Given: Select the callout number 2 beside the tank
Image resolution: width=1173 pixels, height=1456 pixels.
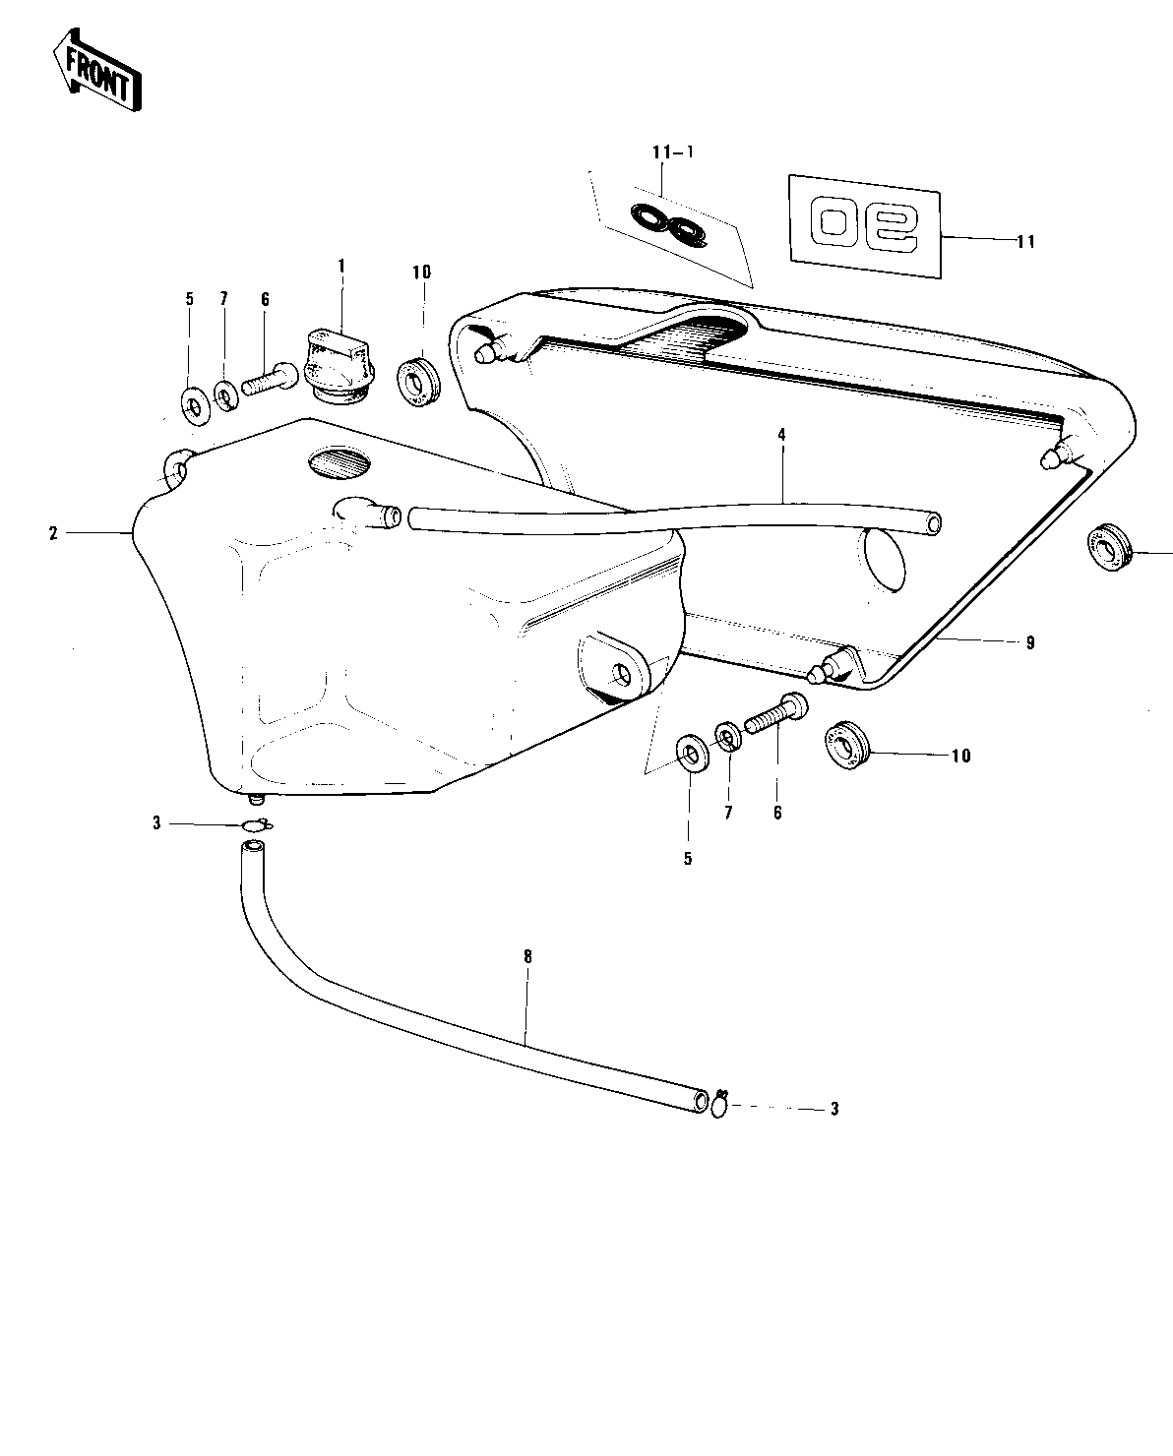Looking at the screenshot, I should coord(54,533).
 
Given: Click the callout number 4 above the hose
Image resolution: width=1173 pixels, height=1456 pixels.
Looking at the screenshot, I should coord(781,433).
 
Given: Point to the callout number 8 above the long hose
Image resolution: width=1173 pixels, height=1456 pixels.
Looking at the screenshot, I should coord(527,954).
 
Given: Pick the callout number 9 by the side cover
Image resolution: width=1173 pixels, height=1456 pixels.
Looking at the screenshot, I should coord(1030,642).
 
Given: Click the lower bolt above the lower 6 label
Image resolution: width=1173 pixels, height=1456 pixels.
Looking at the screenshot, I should coord(776,715).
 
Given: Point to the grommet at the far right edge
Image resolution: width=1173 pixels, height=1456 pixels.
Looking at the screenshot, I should coord(1110,547).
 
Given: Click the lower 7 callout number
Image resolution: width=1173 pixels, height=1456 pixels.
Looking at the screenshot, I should coord(728,813).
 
